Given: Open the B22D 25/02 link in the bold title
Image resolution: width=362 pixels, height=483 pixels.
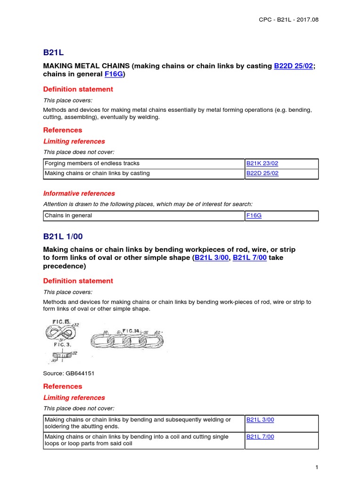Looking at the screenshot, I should [x=293, y=67].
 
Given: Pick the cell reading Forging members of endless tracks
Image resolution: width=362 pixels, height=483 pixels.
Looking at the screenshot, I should [x=92, y=164].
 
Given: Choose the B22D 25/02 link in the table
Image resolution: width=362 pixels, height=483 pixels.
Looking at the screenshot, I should [x=262, y=174].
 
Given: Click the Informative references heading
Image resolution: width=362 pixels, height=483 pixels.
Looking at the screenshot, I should [x=79, y=193].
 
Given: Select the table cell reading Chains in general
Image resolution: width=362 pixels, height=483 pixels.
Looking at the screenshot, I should [x=68, y=216].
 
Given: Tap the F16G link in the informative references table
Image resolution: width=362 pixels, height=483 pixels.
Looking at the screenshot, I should [x=253, y=216].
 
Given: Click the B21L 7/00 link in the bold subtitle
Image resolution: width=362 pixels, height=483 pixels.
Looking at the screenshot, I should [x=250, y=258].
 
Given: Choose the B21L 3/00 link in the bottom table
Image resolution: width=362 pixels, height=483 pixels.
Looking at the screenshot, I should [x=260, y=419].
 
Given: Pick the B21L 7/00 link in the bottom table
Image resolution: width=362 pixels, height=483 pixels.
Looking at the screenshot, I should [x=260, y=437].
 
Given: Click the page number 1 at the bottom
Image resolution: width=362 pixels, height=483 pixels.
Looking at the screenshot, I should [x=317, y=467].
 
